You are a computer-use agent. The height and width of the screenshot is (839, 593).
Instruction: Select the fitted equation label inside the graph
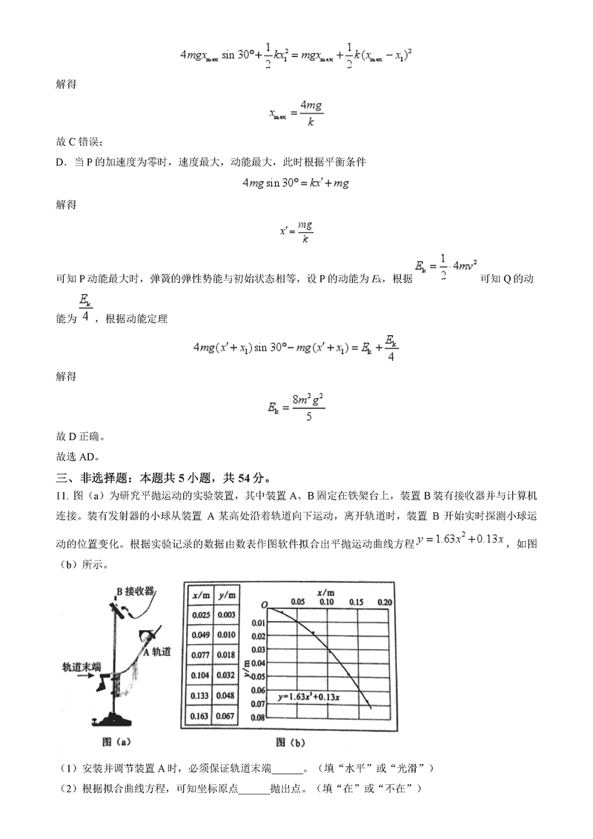point(319,697)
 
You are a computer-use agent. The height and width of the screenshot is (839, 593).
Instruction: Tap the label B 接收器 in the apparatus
point(134,591)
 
